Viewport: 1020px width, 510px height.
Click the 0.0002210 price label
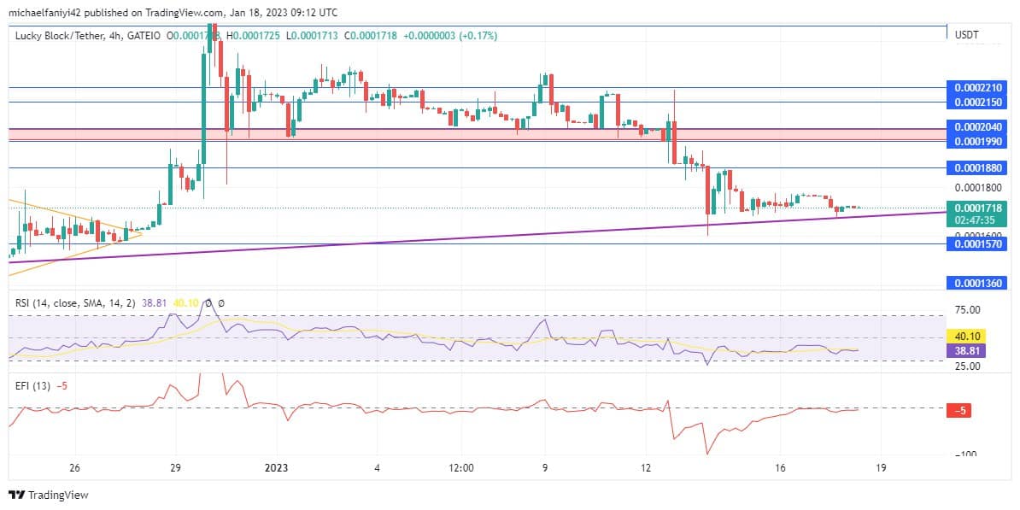(x=979, y=87)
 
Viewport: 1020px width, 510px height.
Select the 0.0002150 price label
(x=979, y=103)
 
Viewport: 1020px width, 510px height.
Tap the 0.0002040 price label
(x=979, y=126)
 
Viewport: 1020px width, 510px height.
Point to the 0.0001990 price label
(x=979, y=141)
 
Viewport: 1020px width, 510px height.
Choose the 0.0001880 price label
(x=979, y=168)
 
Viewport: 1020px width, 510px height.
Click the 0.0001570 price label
(x=979, y=244)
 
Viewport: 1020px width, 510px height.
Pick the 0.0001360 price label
(x=979, y=283)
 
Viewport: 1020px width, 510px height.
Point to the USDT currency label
(x=966, y=35)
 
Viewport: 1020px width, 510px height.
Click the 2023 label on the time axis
(x=276, y=468)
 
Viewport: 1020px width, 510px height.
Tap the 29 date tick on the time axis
(x=175, y=468)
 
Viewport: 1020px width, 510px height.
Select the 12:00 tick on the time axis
(x=460, y=468)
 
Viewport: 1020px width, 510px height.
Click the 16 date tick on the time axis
(x=780, y=468)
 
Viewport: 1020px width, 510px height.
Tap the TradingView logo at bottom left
(x=49, y=495)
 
